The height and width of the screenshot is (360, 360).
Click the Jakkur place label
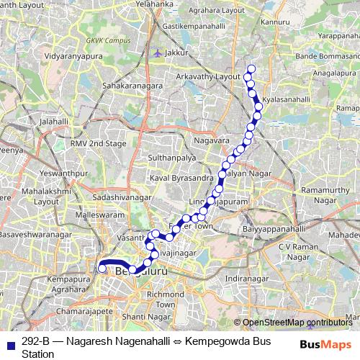coord(176,53)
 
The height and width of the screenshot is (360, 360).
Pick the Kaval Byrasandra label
coord(181,177)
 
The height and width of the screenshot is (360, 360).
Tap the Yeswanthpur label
coord(45,173)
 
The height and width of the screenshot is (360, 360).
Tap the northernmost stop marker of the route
coord(251,68)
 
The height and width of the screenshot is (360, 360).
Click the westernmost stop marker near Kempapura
coord(102,269)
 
